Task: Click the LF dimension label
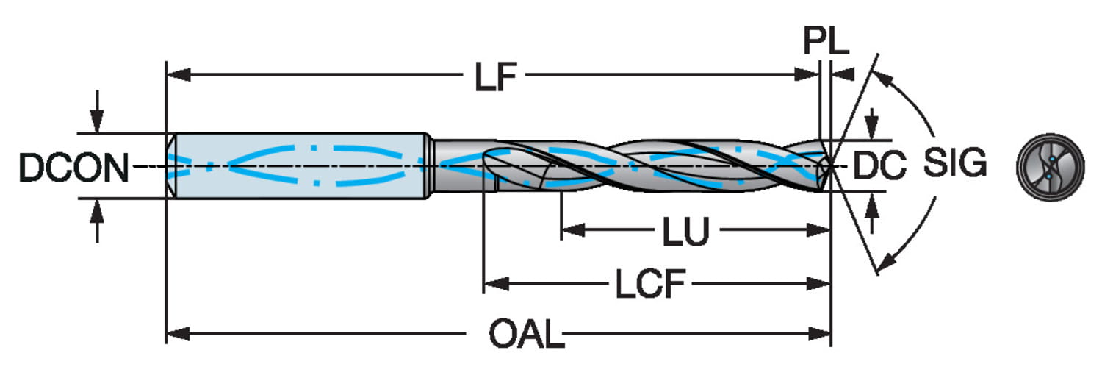pyautogui.click(x=496, y=76)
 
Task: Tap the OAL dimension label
pyautogui.click(x=527, y=335)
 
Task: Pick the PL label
pyautogui.click(x=825, y=43)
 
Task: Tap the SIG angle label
pyautogui.click(x=954, y=164)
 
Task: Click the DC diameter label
pyautogui.click(x=880, y=167)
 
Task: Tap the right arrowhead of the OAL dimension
pyautogui.click(x=821, y=334)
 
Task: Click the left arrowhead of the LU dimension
pyautogui.click(x=571, y=230)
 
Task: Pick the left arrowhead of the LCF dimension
pyautogui.click(x=493, y=283)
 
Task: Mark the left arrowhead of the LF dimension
pyautogui.click(x=176, y=74)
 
